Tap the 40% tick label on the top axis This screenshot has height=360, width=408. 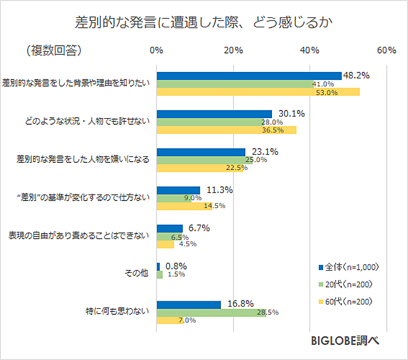pos(310,51)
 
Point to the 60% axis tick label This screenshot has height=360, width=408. pos(386,51)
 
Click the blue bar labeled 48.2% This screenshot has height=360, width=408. pos(249,76)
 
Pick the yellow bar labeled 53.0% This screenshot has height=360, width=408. pos(258,92)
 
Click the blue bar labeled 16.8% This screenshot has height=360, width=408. pos(188,304)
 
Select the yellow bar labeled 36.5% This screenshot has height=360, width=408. pos(226,130)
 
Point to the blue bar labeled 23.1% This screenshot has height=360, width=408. pos(201,152)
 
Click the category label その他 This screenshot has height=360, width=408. pos(138,274)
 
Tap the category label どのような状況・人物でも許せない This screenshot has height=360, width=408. pos(86,121)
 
